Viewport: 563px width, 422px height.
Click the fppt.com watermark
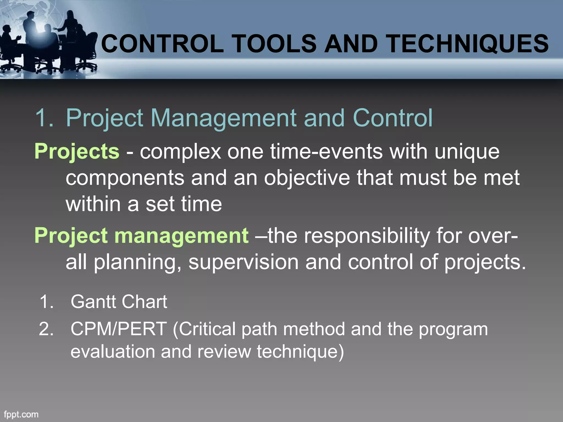pyautogui.click(x=21, y=414)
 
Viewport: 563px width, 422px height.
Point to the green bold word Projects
pyautogui.click(x=77, y=152)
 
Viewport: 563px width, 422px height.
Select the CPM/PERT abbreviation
pyautogui.click(x=119, y=329)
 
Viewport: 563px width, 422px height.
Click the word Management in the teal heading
pyautogui.click(x=223, y=118)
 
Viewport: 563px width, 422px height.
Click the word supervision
pyautogui.click(x=243, y=262)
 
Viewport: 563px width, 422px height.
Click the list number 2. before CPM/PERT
pyautogui.click(x=46, y=329)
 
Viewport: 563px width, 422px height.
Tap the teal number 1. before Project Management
pyautogui.click(x=44, y=118)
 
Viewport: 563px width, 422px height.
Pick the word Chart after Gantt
pyautogui.click(x=144, y=302)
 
